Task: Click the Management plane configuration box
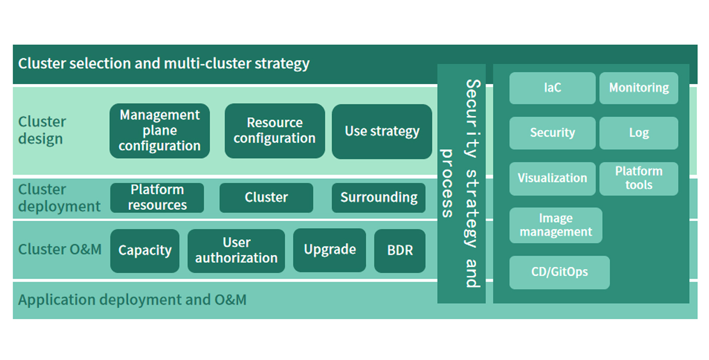point(160,131)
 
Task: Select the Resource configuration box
point(275,131)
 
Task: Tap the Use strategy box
point(382,131)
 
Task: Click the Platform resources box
point(157,198)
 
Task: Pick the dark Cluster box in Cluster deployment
point(266,198)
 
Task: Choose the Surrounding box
point(378,198)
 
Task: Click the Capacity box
point(144,251)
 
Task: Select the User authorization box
point(236,251)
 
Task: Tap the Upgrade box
point(330,250)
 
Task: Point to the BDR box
point(400,251)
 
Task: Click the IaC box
point(553,88)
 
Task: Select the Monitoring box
point(639,88)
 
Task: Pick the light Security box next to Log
point(553,133)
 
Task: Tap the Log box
point(639,133)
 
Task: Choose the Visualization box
point(553,178)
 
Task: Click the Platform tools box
point(639,178)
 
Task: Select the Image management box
point(556,225)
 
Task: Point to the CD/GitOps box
point(559,272)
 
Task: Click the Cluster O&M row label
point(60,250)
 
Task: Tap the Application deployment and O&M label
point(132,300)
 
